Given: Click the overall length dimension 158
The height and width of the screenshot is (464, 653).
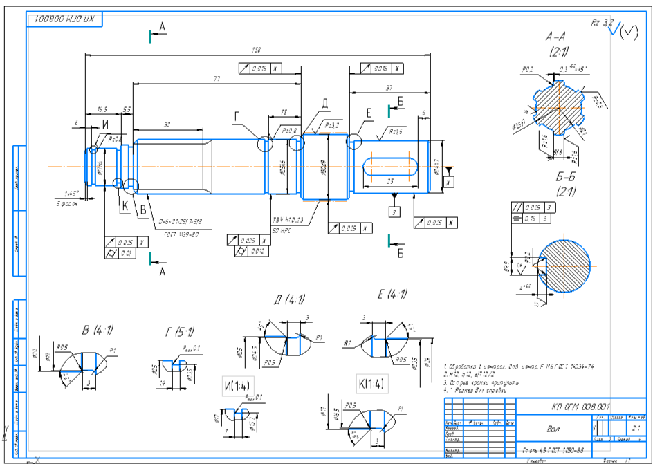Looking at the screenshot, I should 257,50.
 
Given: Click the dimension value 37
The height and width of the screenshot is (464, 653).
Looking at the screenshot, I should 389,88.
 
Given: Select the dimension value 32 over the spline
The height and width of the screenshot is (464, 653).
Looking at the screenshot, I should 167,125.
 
